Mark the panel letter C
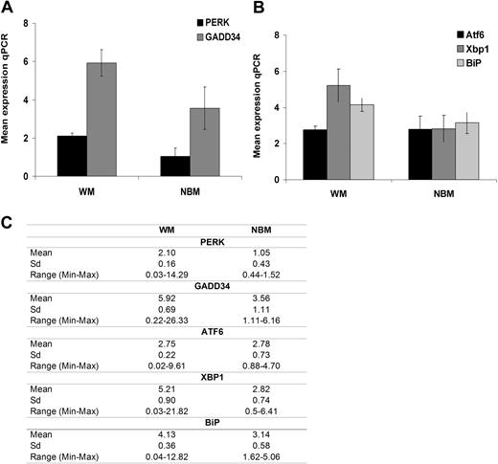(8, 222)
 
